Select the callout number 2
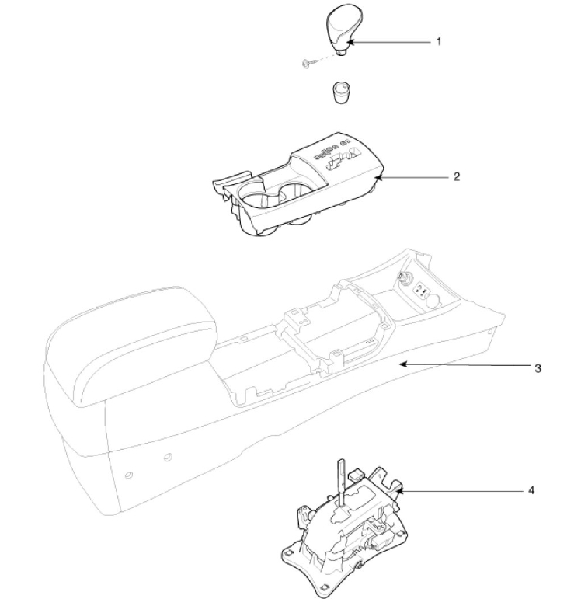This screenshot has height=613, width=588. coord(457,176)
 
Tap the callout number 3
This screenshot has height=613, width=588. coord(538,367)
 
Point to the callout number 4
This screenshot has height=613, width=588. coord(531,491)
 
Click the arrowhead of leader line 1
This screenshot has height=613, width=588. coord(350,41)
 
